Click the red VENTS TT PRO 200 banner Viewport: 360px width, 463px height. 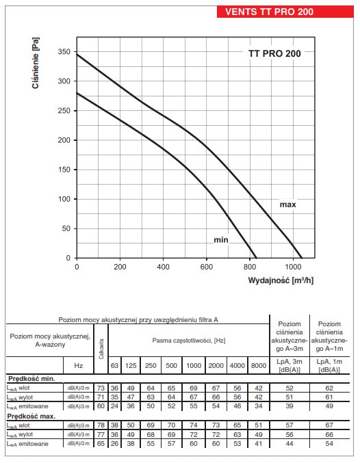click(285, 12)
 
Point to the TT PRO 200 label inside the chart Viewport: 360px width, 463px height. click(274, 53)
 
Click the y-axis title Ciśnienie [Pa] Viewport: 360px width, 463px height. click(35, 63)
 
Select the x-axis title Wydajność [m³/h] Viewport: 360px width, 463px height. click(281, 280)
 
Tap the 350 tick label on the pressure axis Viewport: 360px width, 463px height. click(64, 52)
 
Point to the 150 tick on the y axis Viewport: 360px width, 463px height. click(64, 170)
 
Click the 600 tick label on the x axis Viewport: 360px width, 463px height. click(206, 267)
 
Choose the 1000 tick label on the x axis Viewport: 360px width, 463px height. click(293, 267)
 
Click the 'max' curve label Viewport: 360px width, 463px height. click(288, 204)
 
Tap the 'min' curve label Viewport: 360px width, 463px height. click(221, 240)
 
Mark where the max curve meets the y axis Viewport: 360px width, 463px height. click(77, 54)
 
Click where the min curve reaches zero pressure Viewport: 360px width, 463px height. click(255, 258)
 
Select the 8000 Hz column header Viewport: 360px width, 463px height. click(259, 366)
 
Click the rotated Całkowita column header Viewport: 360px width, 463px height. click(101, 349)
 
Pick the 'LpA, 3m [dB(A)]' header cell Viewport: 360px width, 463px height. click(290, 366)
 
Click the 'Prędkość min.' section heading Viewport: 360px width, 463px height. click(31, 379)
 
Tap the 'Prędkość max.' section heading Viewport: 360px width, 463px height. click(31, 416)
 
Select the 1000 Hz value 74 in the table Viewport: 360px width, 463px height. click(194, 425)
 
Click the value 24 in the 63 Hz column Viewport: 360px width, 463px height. click(114, 406)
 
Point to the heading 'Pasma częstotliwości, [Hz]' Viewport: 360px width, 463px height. click(189, 341)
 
